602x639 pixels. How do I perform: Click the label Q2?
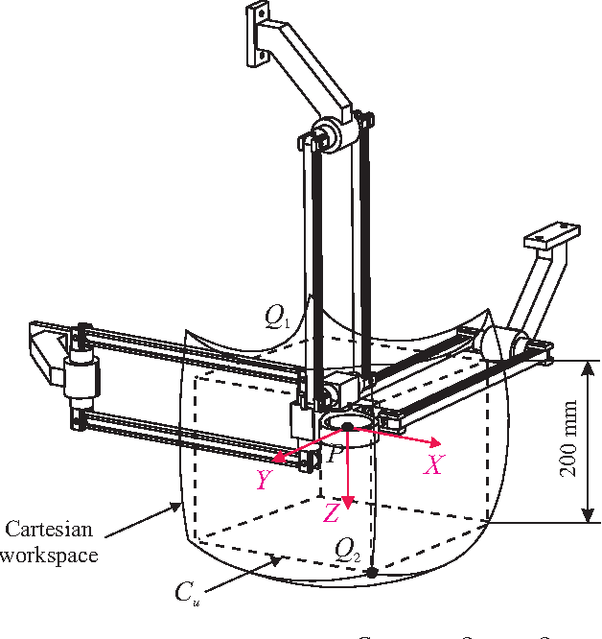click(347, 548)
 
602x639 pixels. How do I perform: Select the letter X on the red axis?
click(434, 464)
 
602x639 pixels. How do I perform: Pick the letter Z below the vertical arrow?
click(332, 513)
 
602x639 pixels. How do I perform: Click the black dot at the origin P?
click(348, 426)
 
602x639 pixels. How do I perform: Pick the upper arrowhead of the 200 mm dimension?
click(584, 366)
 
